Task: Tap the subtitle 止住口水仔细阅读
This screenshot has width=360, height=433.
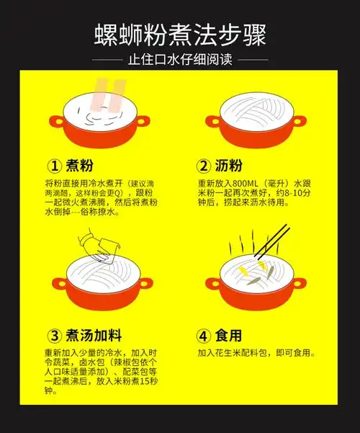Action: coord(180,60)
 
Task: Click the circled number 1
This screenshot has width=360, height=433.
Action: coord(54,164)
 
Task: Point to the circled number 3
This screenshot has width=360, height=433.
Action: coord(54,336)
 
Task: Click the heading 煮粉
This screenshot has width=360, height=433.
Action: coord(81,164)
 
